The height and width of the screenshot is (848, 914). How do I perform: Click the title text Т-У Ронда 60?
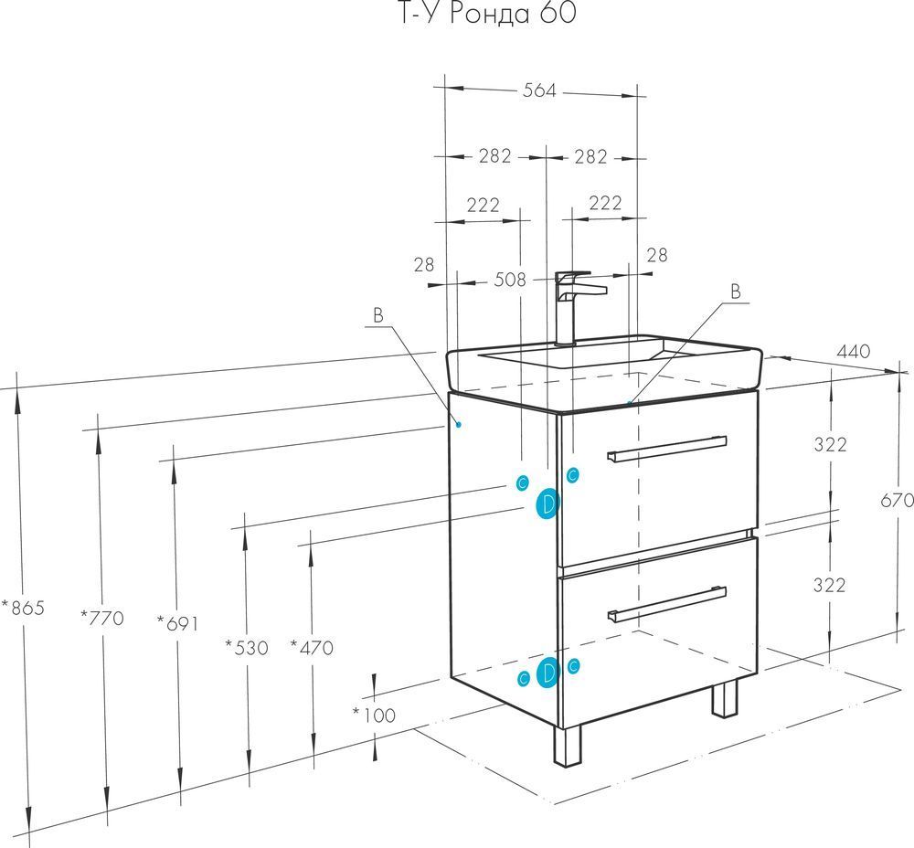pyautogui.click(x=487, y=14)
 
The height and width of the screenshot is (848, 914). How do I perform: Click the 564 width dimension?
pyautogui.click(x=539, y=90)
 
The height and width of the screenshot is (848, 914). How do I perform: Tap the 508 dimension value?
pyautogui.click(x=510, y=280)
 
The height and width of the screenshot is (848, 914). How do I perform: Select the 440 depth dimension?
pyautogui.click(x=853, y=351)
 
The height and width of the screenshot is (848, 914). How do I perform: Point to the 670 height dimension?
pyautogui.click(x=897, y=500)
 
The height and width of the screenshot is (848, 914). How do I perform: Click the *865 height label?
pyautogui.click(x=23, y=608)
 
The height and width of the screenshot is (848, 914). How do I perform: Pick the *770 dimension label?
pyautogui.click(x=102, y=617)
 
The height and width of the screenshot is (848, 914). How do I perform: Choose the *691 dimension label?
pyautogui.click(x=178, y=623)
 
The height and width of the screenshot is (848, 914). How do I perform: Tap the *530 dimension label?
pyautogui.click(x=247, y=648)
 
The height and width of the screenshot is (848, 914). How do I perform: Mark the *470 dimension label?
pyautogui.click(x=312, y=648)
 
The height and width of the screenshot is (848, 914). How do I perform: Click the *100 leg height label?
pyautogui.click(x=374, y=715)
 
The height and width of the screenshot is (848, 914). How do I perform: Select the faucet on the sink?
pyautogui.click(x=574, y=308)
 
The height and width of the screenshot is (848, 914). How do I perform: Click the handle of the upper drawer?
pyautogui.click(x=666, y=449)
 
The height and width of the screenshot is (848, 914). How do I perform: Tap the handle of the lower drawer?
pyautogui.click(x=666, y=604)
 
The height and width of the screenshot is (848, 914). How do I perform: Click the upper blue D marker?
pyautogui.click(x=547, y=504)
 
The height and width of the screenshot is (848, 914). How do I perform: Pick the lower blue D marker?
pyautogui.click(x=547, y=673)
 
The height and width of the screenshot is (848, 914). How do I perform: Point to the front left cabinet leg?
pyautogui.click(x=568, y=746)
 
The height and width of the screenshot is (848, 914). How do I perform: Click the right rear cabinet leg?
pyautogui.click(x=725, y=699)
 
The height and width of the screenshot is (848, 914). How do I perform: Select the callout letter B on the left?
pyautogui.click(x=378, y=316)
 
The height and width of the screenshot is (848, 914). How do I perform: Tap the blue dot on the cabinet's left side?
pyautogui.click(x=459, y=424)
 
